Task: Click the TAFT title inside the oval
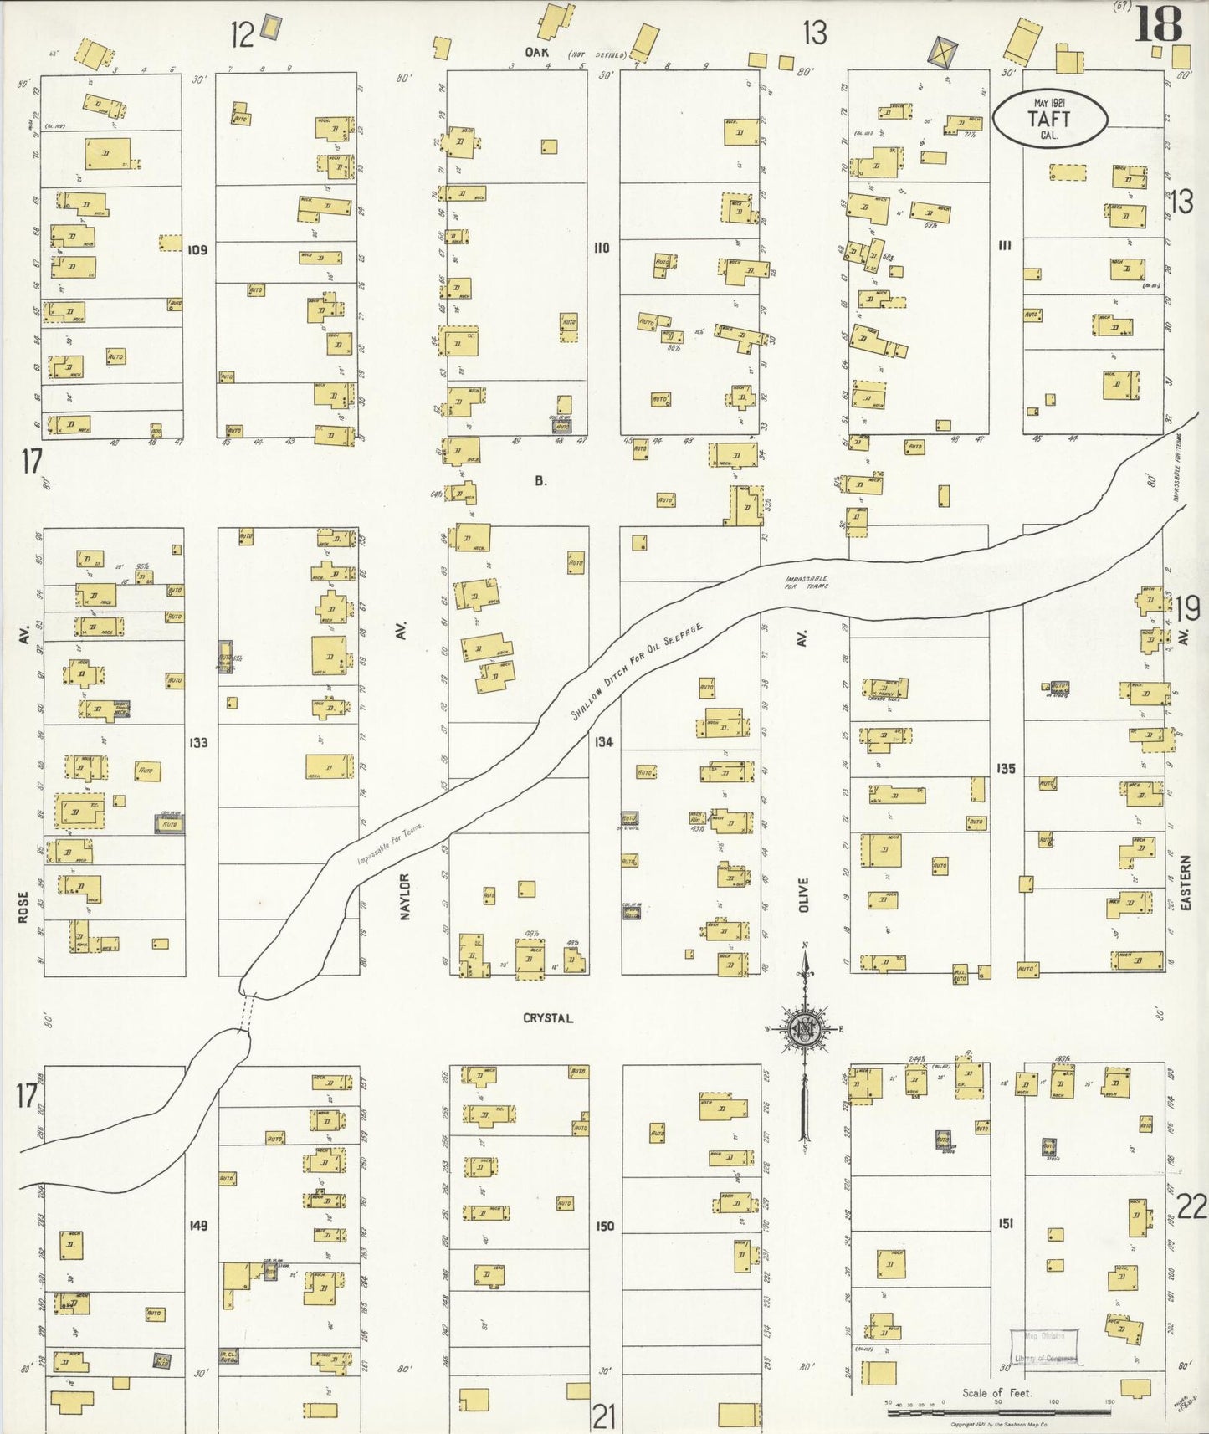(x=1050, y=120)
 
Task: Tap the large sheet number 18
(x=1159, y=25)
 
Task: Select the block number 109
(x=198, y=249)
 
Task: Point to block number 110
(x=602, y=248)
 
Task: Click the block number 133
(x=198, y=742)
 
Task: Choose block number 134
(x=603, y=742)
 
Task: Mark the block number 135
(x=1006, y=767)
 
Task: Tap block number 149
(x=198, y=1225)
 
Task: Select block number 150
(x=604, y=1226)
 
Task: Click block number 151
(x=1006, y=1223)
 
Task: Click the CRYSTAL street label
(x=548, y=1018)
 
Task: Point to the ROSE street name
(x=23, y=907)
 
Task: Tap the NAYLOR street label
(x=405, y=897)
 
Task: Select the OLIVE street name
(x=804, y=894)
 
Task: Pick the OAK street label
(x=536, y=52)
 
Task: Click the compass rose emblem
(x=805, y=1029)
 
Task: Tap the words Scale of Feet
(x=996, y=1392)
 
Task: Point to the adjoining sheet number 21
(x=604, y=1416)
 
